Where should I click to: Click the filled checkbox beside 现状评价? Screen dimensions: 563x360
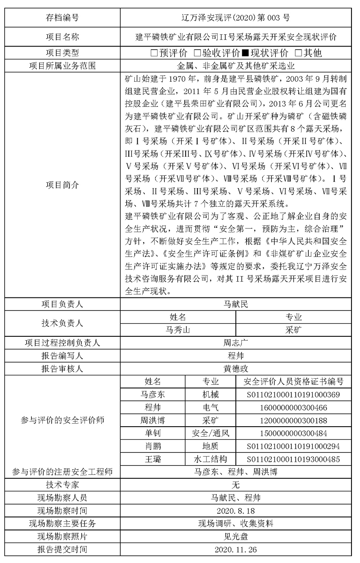(x=245, y=53)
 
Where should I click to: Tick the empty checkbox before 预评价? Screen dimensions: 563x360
(x=154, y=53)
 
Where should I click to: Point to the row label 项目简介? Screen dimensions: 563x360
(x=62, y=185)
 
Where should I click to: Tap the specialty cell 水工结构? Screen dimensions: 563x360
(x=210, y=459)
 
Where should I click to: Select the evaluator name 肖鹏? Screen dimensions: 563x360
(x=152, y=446)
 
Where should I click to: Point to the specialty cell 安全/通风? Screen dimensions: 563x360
(x=210, y=433)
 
